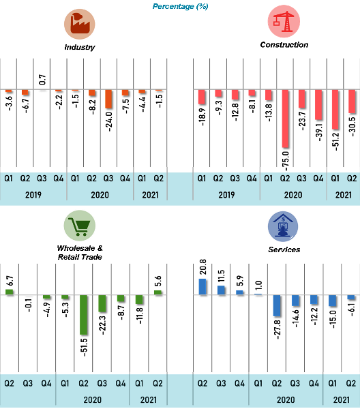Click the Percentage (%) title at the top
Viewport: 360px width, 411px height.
click(x=181, y=6)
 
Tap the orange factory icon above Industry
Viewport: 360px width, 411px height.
click(x=80, y=24)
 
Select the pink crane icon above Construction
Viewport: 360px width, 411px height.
click(x=284, y=22)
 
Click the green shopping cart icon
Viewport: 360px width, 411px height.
click(x=80, y=226)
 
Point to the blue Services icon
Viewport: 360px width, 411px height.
click(x=283, y=226)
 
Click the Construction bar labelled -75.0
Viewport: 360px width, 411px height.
click(x=285, y=119)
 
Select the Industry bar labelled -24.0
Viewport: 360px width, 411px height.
click(x=108, y=99)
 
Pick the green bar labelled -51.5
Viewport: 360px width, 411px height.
click(x=84, y=315)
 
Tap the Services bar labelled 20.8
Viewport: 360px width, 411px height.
click(x=202, y=287)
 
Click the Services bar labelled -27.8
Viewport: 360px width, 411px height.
click(x=277, y=305)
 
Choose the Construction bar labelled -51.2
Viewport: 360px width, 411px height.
click(x=335, y=110)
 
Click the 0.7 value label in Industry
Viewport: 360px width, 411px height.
click(x=42, y=80)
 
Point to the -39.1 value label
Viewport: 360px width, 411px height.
click(x=319, y=132)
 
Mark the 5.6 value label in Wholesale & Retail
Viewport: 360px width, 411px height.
click(x=158, y=281)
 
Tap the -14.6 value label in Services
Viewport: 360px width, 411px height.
click(x=295, y=318)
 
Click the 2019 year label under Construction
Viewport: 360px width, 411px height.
click(x=226, y=195)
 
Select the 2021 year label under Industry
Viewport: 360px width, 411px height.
click(x=150, y=195)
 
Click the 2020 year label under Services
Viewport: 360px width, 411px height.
click(x=286, y=399)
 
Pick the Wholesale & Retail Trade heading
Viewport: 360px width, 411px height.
click(x=80, y=252)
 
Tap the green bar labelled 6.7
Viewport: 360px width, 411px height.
click(x=10, y=292)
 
